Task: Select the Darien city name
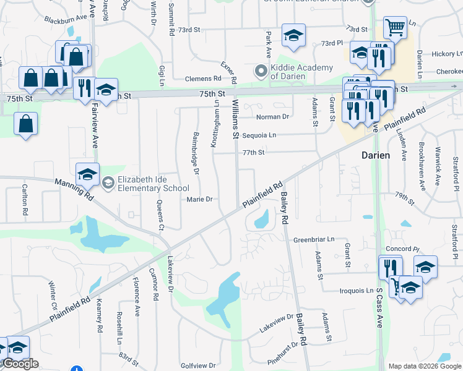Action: [x=376, y=156]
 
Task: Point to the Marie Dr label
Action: [x=200, y=199]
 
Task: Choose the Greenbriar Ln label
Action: [x=313, y=239]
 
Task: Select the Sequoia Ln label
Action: [x=259, y=135]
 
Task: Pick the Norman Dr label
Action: [x=273, y=116]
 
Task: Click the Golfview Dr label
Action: [x=197, y=366]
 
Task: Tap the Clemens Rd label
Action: [x=203, y=79]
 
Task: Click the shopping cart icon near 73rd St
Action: [x=394, y=27]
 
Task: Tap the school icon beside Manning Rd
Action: [x=87, y=174]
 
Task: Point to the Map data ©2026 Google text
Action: [x=425, y=366]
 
